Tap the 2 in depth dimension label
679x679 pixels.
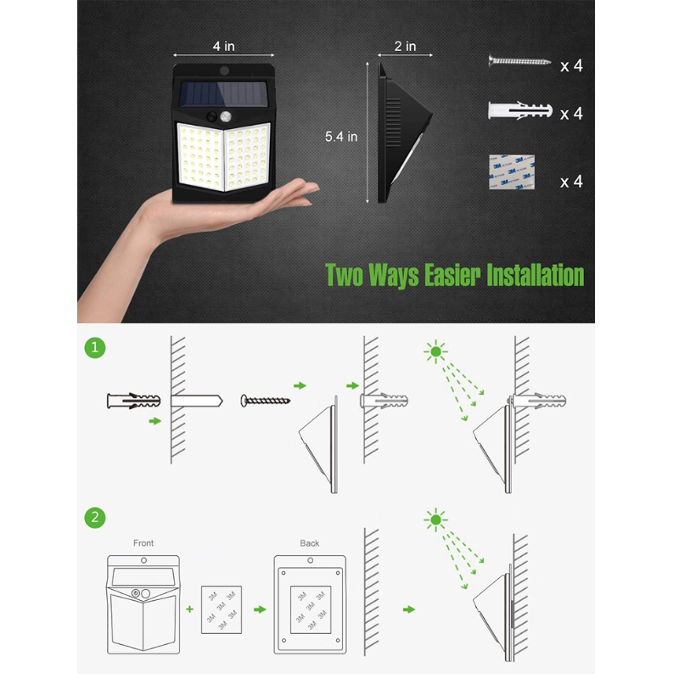(405, 46)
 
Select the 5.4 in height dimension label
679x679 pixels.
(342, 134)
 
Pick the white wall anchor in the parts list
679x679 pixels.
(520, 111)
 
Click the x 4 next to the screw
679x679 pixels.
(571, 65)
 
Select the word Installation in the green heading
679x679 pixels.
(535, 275)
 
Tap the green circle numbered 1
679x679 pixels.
(96, 347)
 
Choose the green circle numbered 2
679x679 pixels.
(96, 518)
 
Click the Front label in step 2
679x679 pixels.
(144, 543)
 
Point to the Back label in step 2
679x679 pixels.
(310, 543)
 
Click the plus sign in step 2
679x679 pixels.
(189, 608)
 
